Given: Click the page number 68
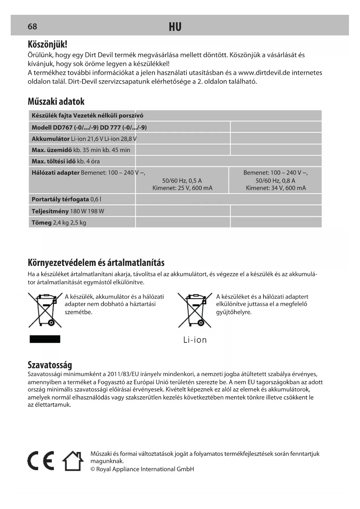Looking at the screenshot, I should click(x=32, y=27).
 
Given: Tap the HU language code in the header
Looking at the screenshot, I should click(x=175, y=27).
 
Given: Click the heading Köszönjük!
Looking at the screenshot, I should click(x=47, y=44).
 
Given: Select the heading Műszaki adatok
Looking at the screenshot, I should click(x=56, y=102).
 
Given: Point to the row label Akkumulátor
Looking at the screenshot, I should click(x=50, y=139).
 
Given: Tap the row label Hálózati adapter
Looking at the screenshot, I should click(x=55, y=173).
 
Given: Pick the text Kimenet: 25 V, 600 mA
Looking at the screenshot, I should click(x=182, y=188).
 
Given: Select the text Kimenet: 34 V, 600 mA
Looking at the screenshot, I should click(x=276, y=188).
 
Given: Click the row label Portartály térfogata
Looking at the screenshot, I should click(x=60, y=199).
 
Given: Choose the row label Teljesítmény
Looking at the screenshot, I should click(x=50, y=211).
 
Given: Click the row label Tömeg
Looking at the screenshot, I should click(x=41, y=223).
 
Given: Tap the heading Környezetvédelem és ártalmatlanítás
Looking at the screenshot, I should click(x=96, y=263).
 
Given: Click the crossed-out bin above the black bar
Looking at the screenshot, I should click(x=45, y=310).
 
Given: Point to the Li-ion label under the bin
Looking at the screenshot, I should click(x=195, y=340).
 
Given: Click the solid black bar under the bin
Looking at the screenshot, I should click(x=45, y=339).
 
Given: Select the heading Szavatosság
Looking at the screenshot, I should click(x=50, y=365).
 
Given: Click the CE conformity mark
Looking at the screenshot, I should click(x=41, y=461).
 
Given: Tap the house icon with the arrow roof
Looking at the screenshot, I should click(x=73, y=461).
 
